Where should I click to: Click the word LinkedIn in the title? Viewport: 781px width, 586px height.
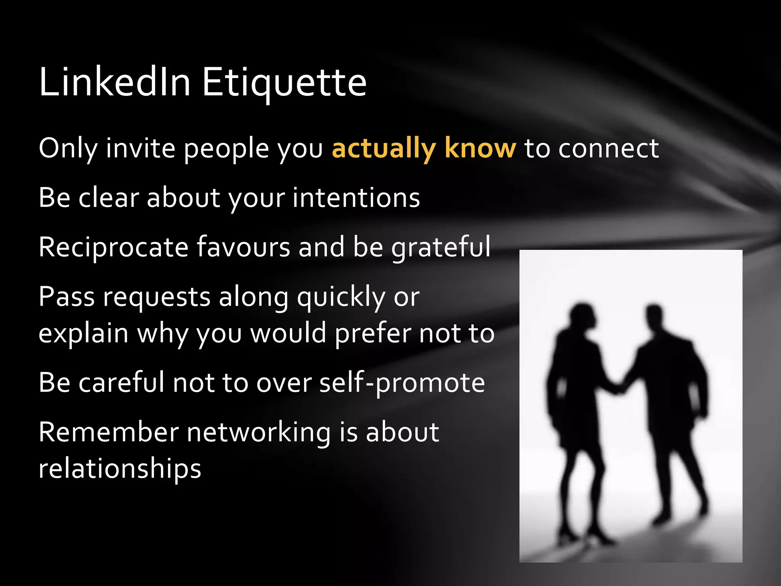coord(114,82)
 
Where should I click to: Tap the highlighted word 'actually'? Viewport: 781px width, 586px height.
coord(384,149)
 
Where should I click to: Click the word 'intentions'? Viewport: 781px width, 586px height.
coord(356,198)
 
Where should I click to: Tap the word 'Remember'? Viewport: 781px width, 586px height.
coord(109,432)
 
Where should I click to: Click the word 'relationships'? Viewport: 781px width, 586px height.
coord(120,469)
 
